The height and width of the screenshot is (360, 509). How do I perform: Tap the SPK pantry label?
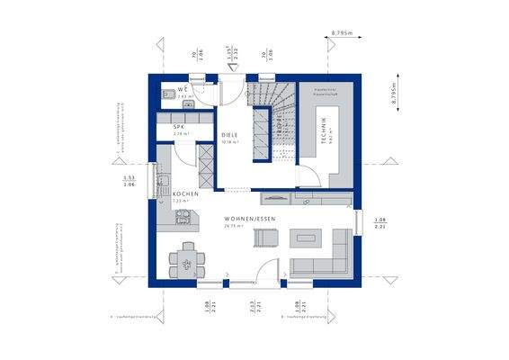(x=180, y=128)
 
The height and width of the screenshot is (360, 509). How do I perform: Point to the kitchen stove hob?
(x=185, y=214)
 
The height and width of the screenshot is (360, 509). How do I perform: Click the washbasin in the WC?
(x=168, y=94)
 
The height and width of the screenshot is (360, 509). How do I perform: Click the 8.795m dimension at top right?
(x=341, y=32)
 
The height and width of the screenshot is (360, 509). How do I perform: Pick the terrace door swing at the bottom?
(x=265, y=271)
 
